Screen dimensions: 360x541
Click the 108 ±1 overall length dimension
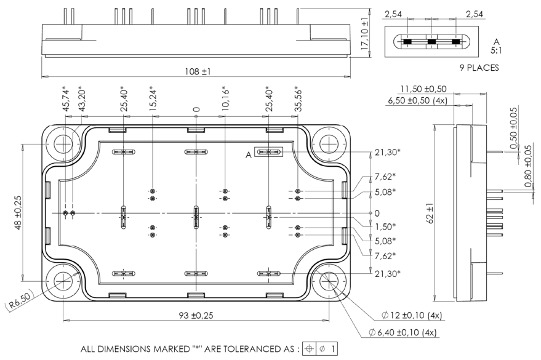[197, 72]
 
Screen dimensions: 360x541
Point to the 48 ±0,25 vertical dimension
[18, 213]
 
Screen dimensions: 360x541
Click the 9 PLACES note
[431, 68]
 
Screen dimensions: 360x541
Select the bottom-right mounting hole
[330, 282]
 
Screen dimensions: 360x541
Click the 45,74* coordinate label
[65, 98]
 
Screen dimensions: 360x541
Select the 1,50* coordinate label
[385, 226]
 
